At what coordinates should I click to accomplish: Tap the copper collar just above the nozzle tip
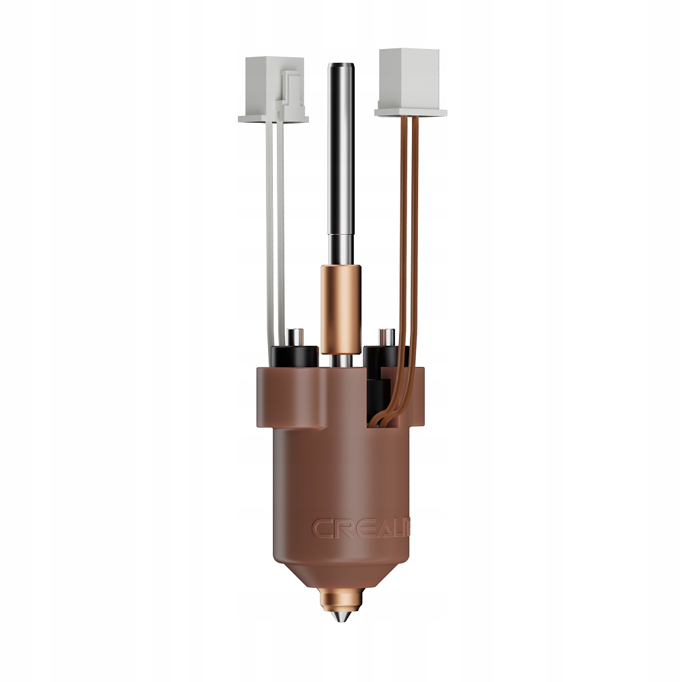click(x=341, y=600)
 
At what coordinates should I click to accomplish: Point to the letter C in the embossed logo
click(x=323, y=528)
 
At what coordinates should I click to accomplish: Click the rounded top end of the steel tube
click(x=340, y=67)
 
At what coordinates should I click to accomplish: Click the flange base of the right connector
click(x=411, y=111)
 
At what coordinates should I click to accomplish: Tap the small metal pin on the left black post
click(x=296, y=336)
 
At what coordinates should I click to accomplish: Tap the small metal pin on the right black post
click(x=386, y=337)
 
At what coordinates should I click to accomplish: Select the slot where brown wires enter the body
click(x=389, y=409)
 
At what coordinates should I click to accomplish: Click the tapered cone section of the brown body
click(x=341, y=573)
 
